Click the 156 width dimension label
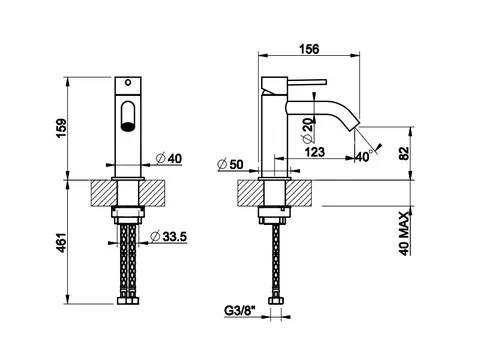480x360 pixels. coord(309,49)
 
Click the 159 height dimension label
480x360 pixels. coord(62,128)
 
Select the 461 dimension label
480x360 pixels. coord(62,243)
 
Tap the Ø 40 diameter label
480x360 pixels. coord(169,158)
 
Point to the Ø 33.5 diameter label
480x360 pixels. coord(169,236)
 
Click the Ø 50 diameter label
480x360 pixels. coord(230,164)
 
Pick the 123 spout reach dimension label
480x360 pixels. coord(315,152)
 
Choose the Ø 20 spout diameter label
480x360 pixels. coord(308,130)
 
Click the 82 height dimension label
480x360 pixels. coord(404,154)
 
